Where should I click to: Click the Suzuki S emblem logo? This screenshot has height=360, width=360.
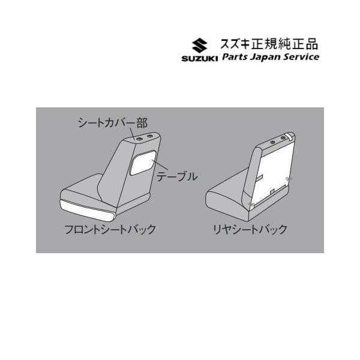point(200,45)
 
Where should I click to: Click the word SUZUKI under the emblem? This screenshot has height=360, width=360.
point(200,58)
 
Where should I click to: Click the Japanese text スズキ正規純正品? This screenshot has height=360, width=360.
point(269,44)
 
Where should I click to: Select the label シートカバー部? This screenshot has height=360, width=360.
point(113,123)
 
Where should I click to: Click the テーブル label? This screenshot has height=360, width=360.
point(177,177)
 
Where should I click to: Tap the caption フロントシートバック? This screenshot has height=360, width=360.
point(110,229)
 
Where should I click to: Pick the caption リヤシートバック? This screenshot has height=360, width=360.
point(250,229)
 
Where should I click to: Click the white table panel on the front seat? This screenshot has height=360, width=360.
point(143,163)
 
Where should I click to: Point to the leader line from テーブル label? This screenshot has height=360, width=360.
point(160,166)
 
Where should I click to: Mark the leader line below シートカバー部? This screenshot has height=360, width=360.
point(133,134)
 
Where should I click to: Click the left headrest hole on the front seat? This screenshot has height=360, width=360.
point(139,139)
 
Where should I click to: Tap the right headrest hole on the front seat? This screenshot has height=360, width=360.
point(149,136)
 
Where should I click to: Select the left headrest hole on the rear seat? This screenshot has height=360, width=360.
point(273,142)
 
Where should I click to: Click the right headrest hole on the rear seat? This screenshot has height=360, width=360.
point(283,137)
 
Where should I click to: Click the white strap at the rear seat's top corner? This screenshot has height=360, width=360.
point(289,136)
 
